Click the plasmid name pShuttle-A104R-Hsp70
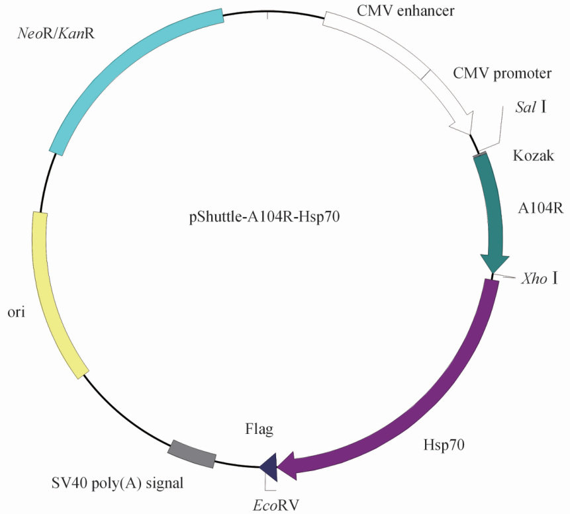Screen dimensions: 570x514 click(x=264, y=217)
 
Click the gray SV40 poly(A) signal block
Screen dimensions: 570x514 click(x=192, y=454)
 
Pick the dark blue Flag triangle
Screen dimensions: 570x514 click(x=269, y=467)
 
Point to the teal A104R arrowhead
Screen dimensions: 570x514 click(x=494, y=263)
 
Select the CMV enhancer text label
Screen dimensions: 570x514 click(x=406, y=11)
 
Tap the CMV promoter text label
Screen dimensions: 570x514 click(x=502, y=73)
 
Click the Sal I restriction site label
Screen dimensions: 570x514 click(x=531, y=107)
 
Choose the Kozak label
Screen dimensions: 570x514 click(x=534, y=155)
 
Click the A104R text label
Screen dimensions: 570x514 click(x=541, y=208)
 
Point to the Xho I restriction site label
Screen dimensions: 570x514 click(x=540, y=278)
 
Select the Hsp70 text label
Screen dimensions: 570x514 click(x=444, y=445)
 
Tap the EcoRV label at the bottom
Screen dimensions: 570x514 click(x=275, y=505)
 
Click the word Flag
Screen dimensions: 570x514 click(x=260, y=429)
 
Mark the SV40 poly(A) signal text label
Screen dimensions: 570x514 click(x=117, y=484)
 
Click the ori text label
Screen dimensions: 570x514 click(x=17, y=312)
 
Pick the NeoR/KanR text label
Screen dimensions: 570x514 click(x=56, y=34)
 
